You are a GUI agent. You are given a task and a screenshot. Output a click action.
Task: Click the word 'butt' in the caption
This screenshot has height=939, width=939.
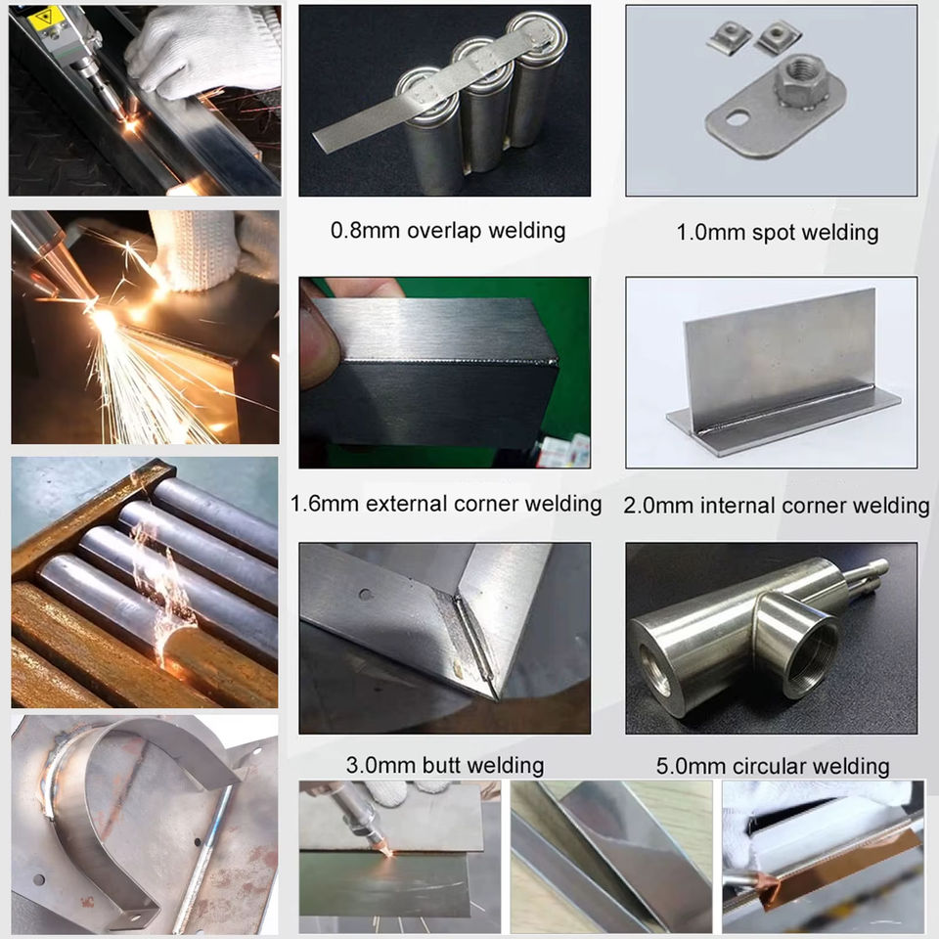[x=441, y=765]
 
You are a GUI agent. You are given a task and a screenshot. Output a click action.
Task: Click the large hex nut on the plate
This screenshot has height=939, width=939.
[x=802, y=80]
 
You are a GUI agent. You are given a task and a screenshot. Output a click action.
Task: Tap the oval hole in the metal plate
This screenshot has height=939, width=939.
[x=738, y=118]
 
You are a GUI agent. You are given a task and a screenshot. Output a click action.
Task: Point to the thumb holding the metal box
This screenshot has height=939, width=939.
[x=318, y=342]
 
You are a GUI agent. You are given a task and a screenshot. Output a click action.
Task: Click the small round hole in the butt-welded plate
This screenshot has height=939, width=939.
[x=366, y=595]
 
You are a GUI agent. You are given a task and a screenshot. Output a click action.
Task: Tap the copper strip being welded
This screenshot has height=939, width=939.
[x=838, y=858]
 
